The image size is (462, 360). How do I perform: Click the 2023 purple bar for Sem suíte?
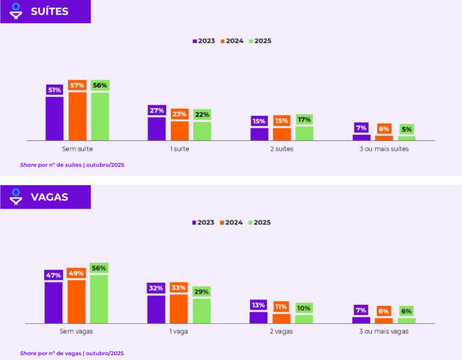pyautogui.click(x=54, y=118)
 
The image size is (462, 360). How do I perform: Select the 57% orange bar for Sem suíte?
pyautogui.click(x=77, y=116)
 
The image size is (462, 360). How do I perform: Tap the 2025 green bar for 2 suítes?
pyautogui.click(x=304, y=133)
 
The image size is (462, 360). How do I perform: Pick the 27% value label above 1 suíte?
pyautogui.click(x=156, y=110)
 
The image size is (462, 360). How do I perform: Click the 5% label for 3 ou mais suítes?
pyautogui.click(x=406, y=129)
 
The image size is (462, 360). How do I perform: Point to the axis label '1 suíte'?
pyautogui.click(x=179, y=149)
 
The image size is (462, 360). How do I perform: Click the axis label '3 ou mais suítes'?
pyautogui.click(x=384, y=149)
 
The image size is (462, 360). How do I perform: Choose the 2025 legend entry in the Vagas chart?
pyautogui.click(x=260, y=223)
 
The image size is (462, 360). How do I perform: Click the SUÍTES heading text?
pyautogui.click(x=50, y=12)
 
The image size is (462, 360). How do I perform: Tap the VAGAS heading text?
pyautogui.click(x=50, y=197)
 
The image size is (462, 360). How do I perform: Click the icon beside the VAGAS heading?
pyautogui.click(x=16, y=197)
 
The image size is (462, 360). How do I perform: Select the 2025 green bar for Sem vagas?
pyautogui.click(x=99, y=299)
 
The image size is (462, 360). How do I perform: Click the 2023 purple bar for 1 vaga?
pyautogui.click(x=156, y=309)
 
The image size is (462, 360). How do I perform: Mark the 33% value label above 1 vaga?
pyautogui.click(x=179, y=288)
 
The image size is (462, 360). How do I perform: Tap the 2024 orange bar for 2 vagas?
pyautogui.click(x=281, y=318)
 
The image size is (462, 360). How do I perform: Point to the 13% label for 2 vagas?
pyautogui.click(x=259, y=305)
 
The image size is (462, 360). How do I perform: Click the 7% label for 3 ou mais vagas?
pyautogui.click(x=361, y=310)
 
